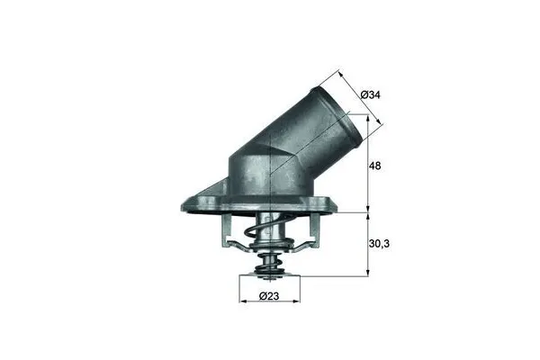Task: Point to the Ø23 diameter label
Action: click(x=267, y=297)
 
